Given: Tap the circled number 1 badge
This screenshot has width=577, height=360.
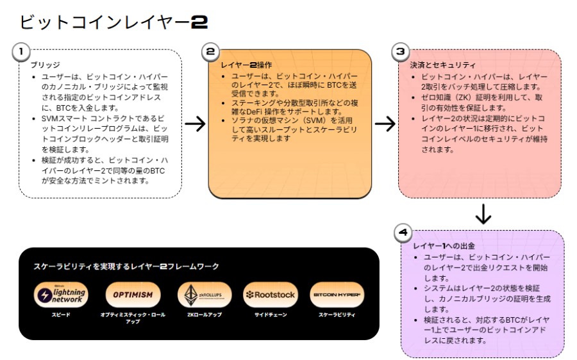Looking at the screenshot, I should tap(22, 51).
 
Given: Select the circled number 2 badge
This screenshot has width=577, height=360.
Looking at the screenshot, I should tap(211, 51).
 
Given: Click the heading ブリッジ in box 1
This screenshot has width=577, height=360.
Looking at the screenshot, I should tap(45, 65).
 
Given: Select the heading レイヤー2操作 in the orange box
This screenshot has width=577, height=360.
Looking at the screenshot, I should tap(247, 65).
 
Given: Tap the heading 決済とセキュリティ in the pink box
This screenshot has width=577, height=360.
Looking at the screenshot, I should tap(442, 65).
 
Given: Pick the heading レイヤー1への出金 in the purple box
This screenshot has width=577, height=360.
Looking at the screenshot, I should tap(444, 246).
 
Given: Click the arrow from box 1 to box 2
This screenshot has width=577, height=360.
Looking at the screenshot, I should tap(194, 124).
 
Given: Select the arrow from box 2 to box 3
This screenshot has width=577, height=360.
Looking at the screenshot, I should tap(385, 124).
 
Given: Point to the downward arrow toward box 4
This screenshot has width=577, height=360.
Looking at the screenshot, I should tap(483, 214).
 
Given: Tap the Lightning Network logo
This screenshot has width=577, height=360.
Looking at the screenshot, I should tap(60, 295).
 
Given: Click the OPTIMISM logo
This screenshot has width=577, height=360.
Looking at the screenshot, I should tap(133, 295).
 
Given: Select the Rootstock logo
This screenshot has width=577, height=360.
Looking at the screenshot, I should tap(270, 295).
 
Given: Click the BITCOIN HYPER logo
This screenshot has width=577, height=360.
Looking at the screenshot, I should tap(337, 295).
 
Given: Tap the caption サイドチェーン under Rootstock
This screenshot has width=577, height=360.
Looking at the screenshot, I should tap(270, 315).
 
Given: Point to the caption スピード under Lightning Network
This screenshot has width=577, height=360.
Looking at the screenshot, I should tap(60, 315).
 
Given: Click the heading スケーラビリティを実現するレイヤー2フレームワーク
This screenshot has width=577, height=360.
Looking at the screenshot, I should tap(126, 266).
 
